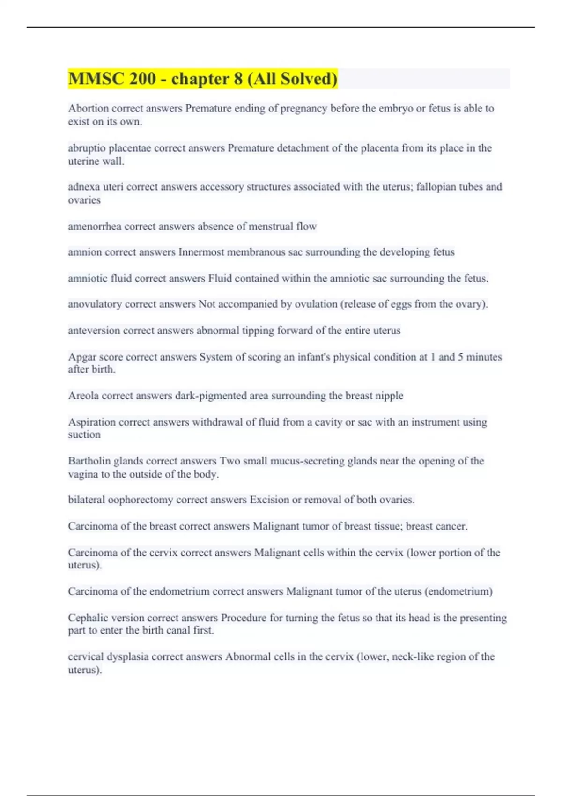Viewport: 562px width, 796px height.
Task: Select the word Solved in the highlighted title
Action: pos(309,79)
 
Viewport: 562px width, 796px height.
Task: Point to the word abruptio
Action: pos(87,148)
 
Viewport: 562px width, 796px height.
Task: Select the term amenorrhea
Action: pos(94,227)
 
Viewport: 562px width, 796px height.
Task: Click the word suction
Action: pos(84,435)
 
